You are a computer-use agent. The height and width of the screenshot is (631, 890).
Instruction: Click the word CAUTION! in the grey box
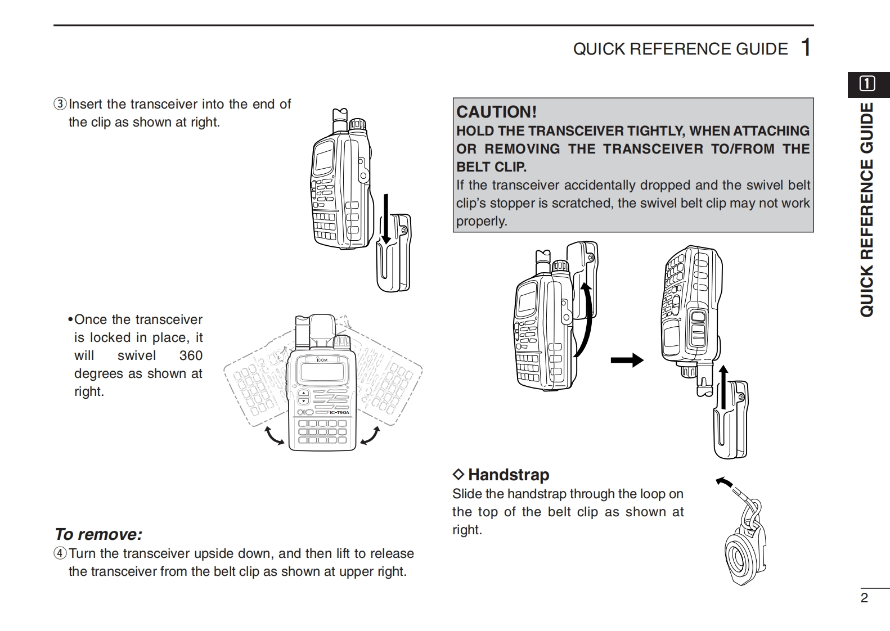(496, 111)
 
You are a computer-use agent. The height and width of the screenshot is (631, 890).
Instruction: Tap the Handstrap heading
(508, 475)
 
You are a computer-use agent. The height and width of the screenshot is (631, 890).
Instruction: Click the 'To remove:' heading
(98, 534)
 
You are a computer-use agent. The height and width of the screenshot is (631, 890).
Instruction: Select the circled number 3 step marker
(60, 105)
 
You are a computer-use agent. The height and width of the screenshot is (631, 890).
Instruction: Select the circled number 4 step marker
(60, 553)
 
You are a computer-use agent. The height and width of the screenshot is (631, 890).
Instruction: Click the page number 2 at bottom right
(865, 598)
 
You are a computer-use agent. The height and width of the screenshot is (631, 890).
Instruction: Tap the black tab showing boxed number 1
(867, 84)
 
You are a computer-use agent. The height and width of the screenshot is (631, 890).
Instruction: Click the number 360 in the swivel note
(191, 355)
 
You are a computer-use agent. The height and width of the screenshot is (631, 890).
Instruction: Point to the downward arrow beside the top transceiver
(385, 219)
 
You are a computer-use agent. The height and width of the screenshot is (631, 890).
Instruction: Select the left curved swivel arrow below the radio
(275, 436)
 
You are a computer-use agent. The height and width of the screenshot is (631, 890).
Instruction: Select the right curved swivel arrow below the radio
(370, 436)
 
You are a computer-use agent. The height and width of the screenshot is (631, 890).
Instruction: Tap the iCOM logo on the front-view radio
(321, 359)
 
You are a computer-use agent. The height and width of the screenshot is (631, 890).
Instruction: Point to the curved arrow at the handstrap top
(725, 483)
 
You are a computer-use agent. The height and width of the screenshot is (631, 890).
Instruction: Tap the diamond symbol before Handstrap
(459, 475)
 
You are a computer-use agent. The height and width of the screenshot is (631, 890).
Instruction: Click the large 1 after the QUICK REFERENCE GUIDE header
(806, 48)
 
